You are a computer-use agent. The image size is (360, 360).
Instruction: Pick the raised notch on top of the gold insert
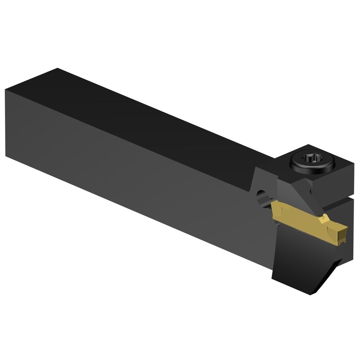tap(324, 218)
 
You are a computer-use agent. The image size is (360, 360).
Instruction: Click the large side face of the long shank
tap(126, 169)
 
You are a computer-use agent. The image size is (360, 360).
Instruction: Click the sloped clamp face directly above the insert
tap(291, 192)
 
